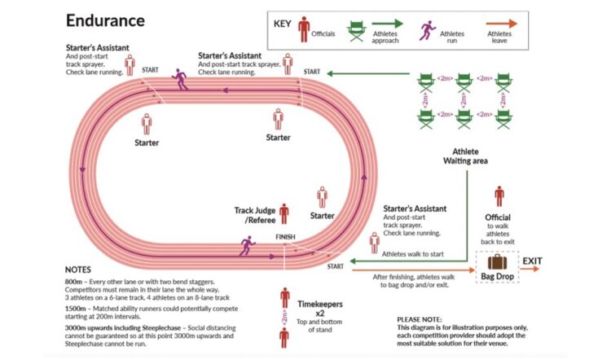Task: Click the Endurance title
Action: [106, 20]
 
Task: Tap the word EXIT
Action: [533, 261]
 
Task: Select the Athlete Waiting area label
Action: [465, 156]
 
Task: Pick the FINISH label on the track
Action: [285, 237]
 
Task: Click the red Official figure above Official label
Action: [499, 197]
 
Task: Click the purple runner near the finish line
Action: [246, 245]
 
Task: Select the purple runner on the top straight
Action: [180, 79]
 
